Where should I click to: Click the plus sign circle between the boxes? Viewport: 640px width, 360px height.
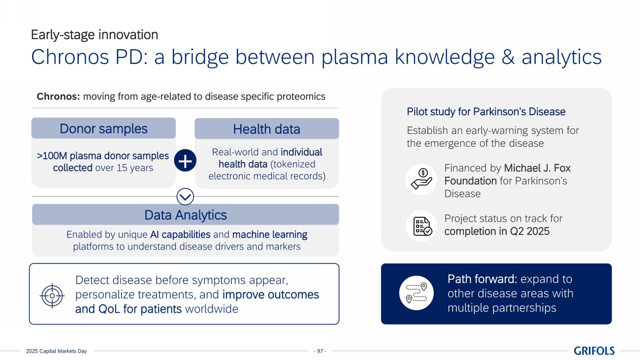coord(185,160)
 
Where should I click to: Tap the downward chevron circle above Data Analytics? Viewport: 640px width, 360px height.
coord(185,196)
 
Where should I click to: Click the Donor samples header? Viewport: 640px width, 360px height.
coord(103,128)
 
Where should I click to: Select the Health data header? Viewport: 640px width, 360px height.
coord(266,129)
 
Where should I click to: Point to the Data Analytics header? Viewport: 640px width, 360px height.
coord(186,215)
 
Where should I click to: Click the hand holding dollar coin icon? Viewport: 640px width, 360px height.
coord(421,179)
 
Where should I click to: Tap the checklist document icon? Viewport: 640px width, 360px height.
coord(422,226)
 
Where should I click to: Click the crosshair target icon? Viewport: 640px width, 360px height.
coord(52,295)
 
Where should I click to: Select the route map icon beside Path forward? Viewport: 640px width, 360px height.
coord(416,293)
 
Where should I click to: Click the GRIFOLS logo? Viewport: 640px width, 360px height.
coord(594,351)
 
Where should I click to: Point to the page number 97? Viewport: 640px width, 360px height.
coord(320,351)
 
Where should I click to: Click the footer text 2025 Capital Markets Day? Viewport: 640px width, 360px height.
coord(56,351)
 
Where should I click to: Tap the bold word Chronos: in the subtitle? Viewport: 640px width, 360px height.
coord(58,97)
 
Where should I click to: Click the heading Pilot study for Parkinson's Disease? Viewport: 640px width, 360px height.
coord(486,111)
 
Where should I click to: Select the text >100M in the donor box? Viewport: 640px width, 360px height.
coord(52,156)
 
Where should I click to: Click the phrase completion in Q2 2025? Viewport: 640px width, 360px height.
coord(497,231)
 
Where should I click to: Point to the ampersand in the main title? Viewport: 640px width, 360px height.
coord(508,57)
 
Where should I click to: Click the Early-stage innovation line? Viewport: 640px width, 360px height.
coord(95,34)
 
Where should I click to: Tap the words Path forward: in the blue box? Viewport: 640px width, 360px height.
coord(482,279)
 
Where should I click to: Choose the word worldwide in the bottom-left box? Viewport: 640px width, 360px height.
coord(212,309)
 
